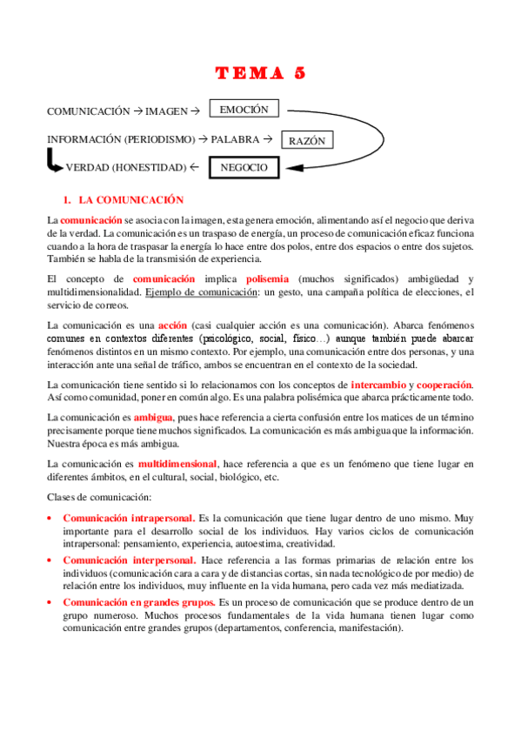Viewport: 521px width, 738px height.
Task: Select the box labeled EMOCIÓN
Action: pos(244,110)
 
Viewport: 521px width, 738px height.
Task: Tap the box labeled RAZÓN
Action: pos(306,139)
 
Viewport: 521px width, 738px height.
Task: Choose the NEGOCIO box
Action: pos(244,167)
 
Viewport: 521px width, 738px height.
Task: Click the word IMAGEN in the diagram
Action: pos(165,111)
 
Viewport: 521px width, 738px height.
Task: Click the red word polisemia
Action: pos(272,279)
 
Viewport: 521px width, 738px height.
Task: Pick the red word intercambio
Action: pos(377,384)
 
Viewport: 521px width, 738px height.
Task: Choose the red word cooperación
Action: pos(444,384)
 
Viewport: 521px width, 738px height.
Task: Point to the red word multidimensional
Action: pos(177,463)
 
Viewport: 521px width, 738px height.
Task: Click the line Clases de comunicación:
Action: pos(99,496)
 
